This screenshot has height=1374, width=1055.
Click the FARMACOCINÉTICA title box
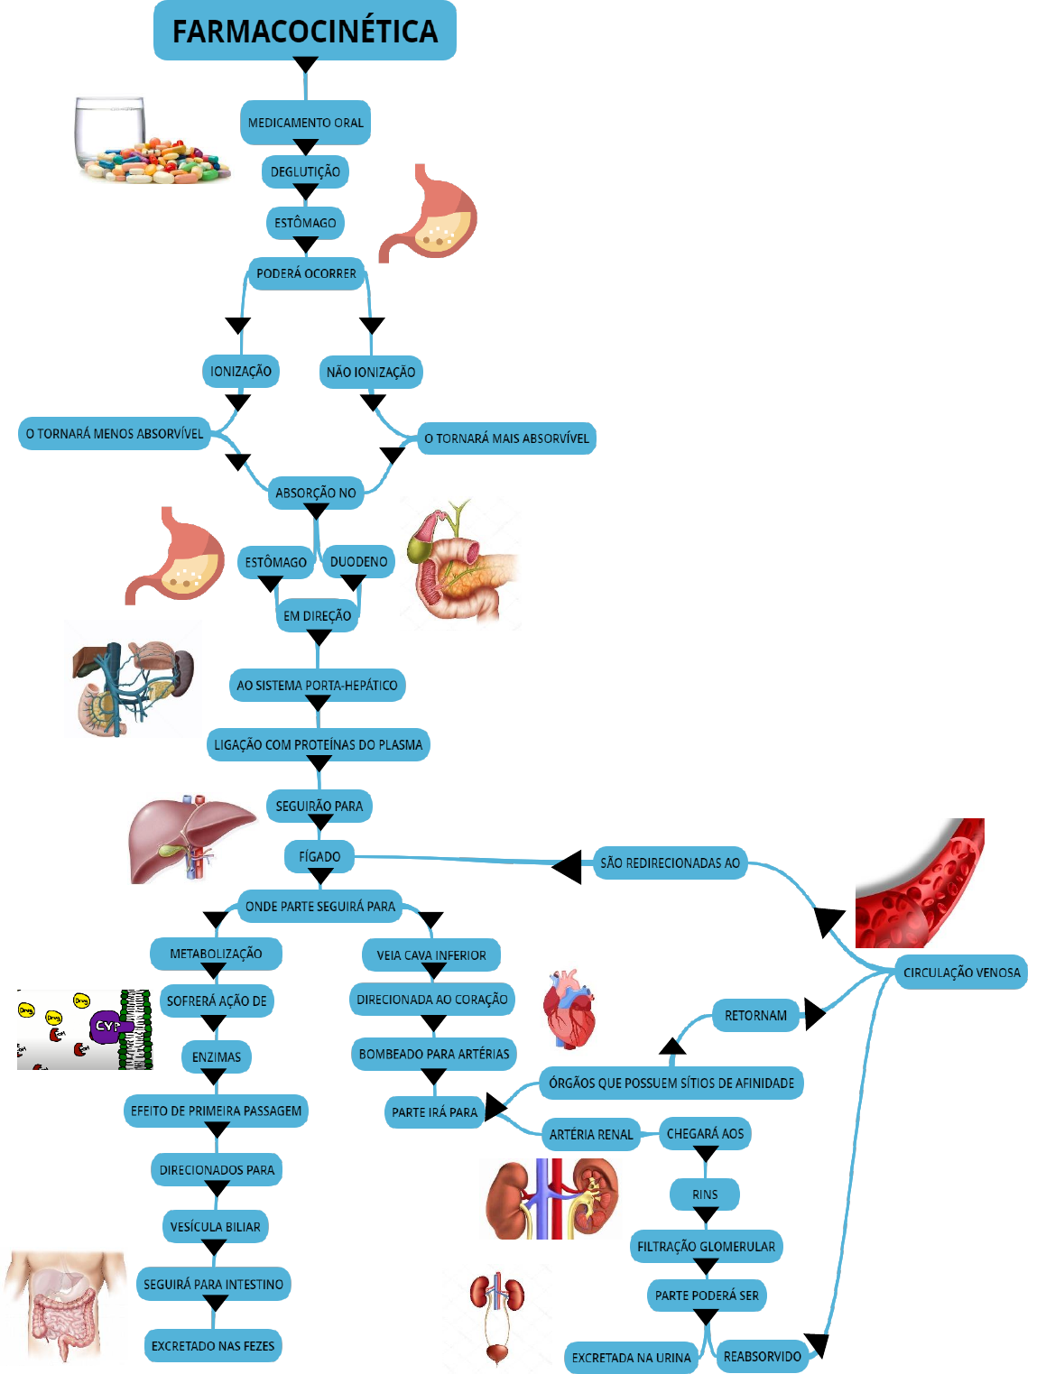click(x=305, y=31)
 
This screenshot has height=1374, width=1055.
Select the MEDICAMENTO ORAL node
click(x=305, y=123)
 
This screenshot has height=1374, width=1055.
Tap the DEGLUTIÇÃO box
click(x=305, y=171)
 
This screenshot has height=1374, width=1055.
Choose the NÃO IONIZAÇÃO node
click(x=371, y=372)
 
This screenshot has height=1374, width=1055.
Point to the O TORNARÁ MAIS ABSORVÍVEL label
click(x=506, y=438)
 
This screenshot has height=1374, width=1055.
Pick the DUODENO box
click(x=358, y=561)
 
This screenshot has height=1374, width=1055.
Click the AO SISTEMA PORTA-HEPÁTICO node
click(x=317, y=685)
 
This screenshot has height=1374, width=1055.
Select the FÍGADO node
click(x=319, y=856)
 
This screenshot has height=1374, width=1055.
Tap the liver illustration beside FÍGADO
click(x=190, y=839)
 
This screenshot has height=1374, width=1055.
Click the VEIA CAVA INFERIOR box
click(x=431, y=954)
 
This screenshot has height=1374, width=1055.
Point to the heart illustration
click(x=569, y=1009)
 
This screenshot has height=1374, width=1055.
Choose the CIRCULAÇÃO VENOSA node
click(x=961, y=973)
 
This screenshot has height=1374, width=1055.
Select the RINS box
click(x=705, y=1194)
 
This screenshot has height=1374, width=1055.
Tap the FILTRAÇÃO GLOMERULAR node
click(x=706, y=1247)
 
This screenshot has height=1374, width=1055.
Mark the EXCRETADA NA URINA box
click(x=631, y=1357)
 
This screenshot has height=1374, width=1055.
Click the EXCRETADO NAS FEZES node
click(x=213, y=1346)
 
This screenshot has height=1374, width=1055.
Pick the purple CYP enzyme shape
click(x=106, y=1027)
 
